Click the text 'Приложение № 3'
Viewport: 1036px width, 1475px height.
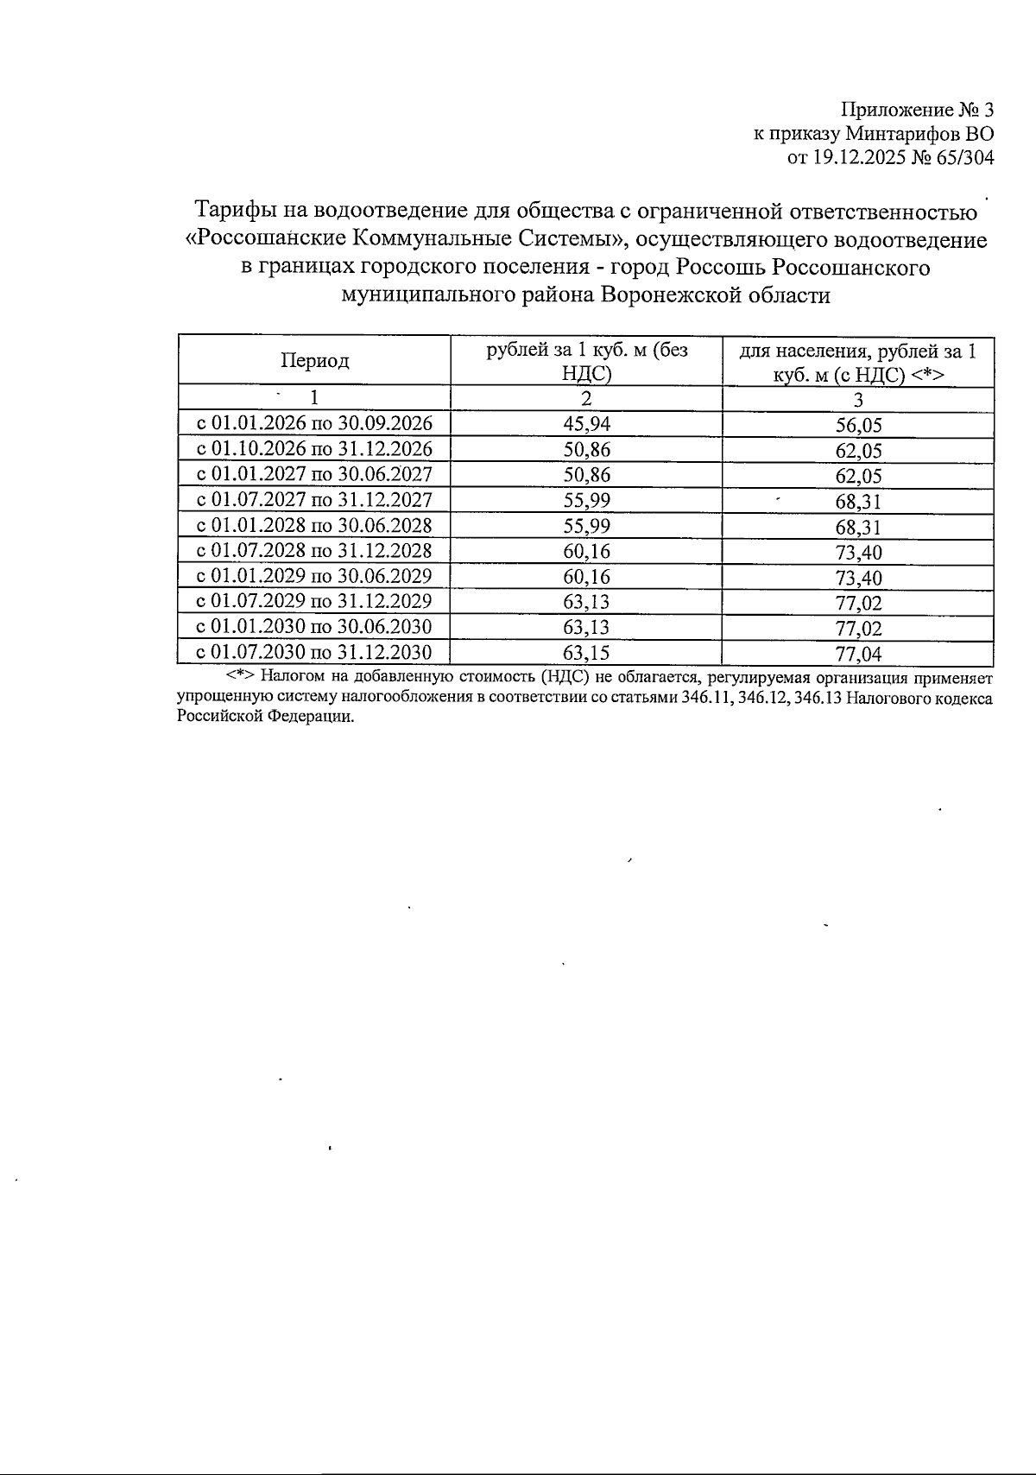pos(917,110)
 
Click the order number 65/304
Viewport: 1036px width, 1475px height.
pos(960,158)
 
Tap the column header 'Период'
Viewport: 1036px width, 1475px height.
pos(314,361)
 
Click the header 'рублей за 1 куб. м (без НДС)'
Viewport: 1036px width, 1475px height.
pos(586,361)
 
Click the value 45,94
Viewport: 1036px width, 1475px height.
pos(586,423)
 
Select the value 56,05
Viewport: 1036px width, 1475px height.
pos(858,425)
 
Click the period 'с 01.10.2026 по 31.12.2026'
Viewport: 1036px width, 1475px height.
pos(314,449)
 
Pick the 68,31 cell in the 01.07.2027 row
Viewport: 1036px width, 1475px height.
pos(858,502)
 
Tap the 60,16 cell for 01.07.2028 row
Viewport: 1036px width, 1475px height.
pos(586,550)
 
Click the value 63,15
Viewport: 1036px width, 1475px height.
pos(586,652)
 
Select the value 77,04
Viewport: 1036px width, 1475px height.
pos(858,654)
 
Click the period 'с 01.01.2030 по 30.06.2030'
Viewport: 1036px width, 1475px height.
pos(314,626)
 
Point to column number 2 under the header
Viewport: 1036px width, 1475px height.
pos(586,398)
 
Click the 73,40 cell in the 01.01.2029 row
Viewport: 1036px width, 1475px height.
pos(858,578)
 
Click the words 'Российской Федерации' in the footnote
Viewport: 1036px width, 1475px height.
pos(265,717)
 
